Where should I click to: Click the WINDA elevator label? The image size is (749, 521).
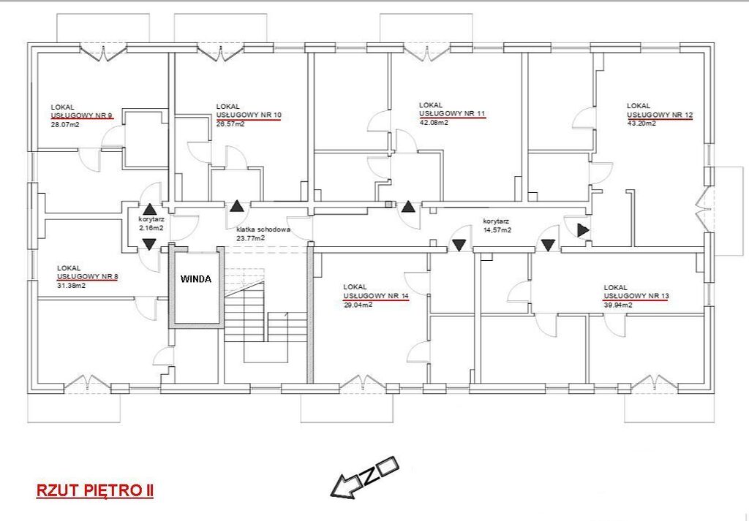(195, 279)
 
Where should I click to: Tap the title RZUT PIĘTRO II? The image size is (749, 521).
(95, 491)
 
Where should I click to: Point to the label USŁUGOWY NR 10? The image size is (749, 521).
(249, 115)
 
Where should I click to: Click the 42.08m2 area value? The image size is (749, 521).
(434, 122)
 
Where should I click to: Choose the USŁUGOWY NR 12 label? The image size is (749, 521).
(660, 115)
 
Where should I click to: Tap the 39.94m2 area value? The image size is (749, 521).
(618, 305)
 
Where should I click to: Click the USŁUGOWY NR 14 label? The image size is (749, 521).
(376, 296)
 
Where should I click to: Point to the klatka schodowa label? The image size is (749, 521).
(263, 229)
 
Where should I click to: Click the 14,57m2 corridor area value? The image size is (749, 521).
(497, 229)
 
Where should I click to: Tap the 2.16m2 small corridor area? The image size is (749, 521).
(151, 228)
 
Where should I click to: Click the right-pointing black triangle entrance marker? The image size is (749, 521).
(583, 230)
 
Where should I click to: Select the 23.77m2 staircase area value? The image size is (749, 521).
(251, 237)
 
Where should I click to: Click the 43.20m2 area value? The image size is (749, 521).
(641, 123)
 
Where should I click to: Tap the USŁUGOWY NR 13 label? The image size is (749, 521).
(636, 296)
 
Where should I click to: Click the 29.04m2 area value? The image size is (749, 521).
(358, 305)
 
